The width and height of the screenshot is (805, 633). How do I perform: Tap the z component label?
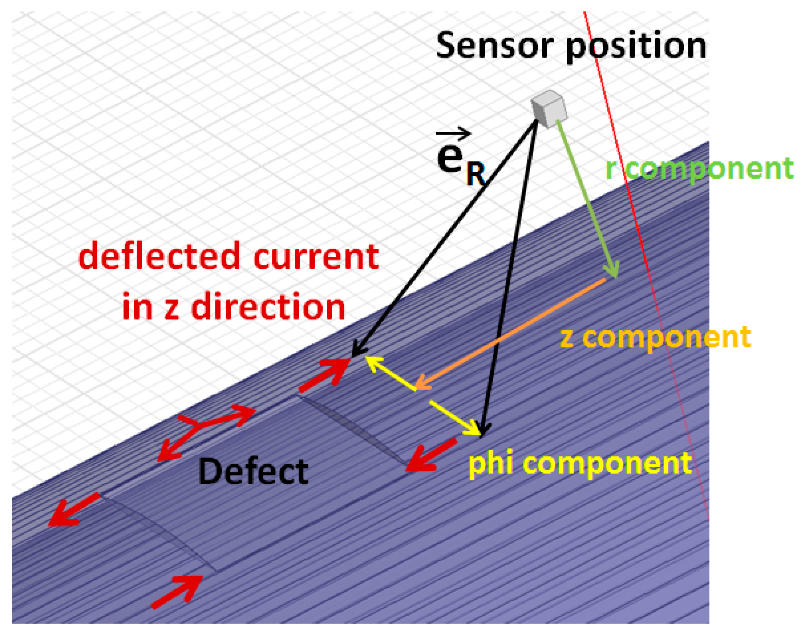(655, 338)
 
